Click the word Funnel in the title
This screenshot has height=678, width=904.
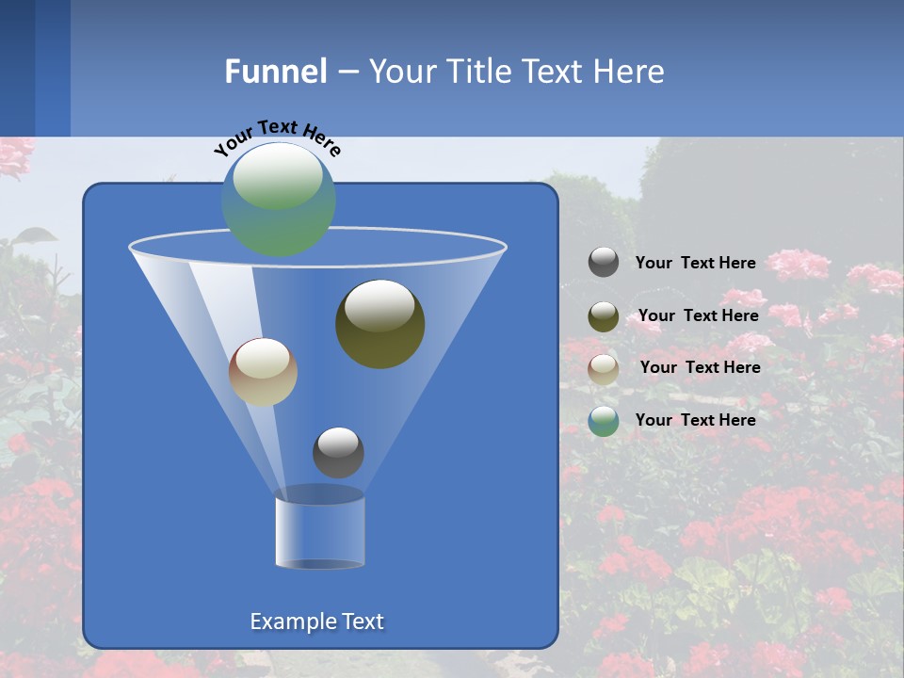[275, 72]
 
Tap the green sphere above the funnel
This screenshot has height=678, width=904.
[279, 199]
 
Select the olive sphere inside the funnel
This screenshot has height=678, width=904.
[379, 323]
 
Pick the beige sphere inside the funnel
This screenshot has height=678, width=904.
[263, 372]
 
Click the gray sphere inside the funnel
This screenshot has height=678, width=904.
[338, 452]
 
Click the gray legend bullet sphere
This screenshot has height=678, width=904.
[604, 263]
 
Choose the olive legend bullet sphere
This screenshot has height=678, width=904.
[604, 315]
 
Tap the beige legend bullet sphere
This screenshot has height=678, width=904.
[604, 368]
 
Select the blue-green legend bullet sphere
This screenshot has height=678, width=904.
[604, 421]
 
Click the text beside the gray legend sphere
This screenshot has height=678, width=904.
[695, 263]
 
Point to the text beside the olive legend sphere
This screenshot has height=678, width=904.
[698, 315]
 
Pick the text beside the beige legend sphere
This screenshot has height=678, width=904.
[700, 367]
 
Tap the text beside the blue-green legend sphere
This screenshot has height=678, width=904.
[695, 420]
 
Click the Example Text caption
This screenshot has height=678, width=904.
[316, 621]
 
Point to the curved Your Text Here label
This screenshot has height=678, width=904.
[277, 137]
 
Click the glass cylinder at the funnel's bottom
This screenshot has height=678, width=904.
[319, 530]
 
